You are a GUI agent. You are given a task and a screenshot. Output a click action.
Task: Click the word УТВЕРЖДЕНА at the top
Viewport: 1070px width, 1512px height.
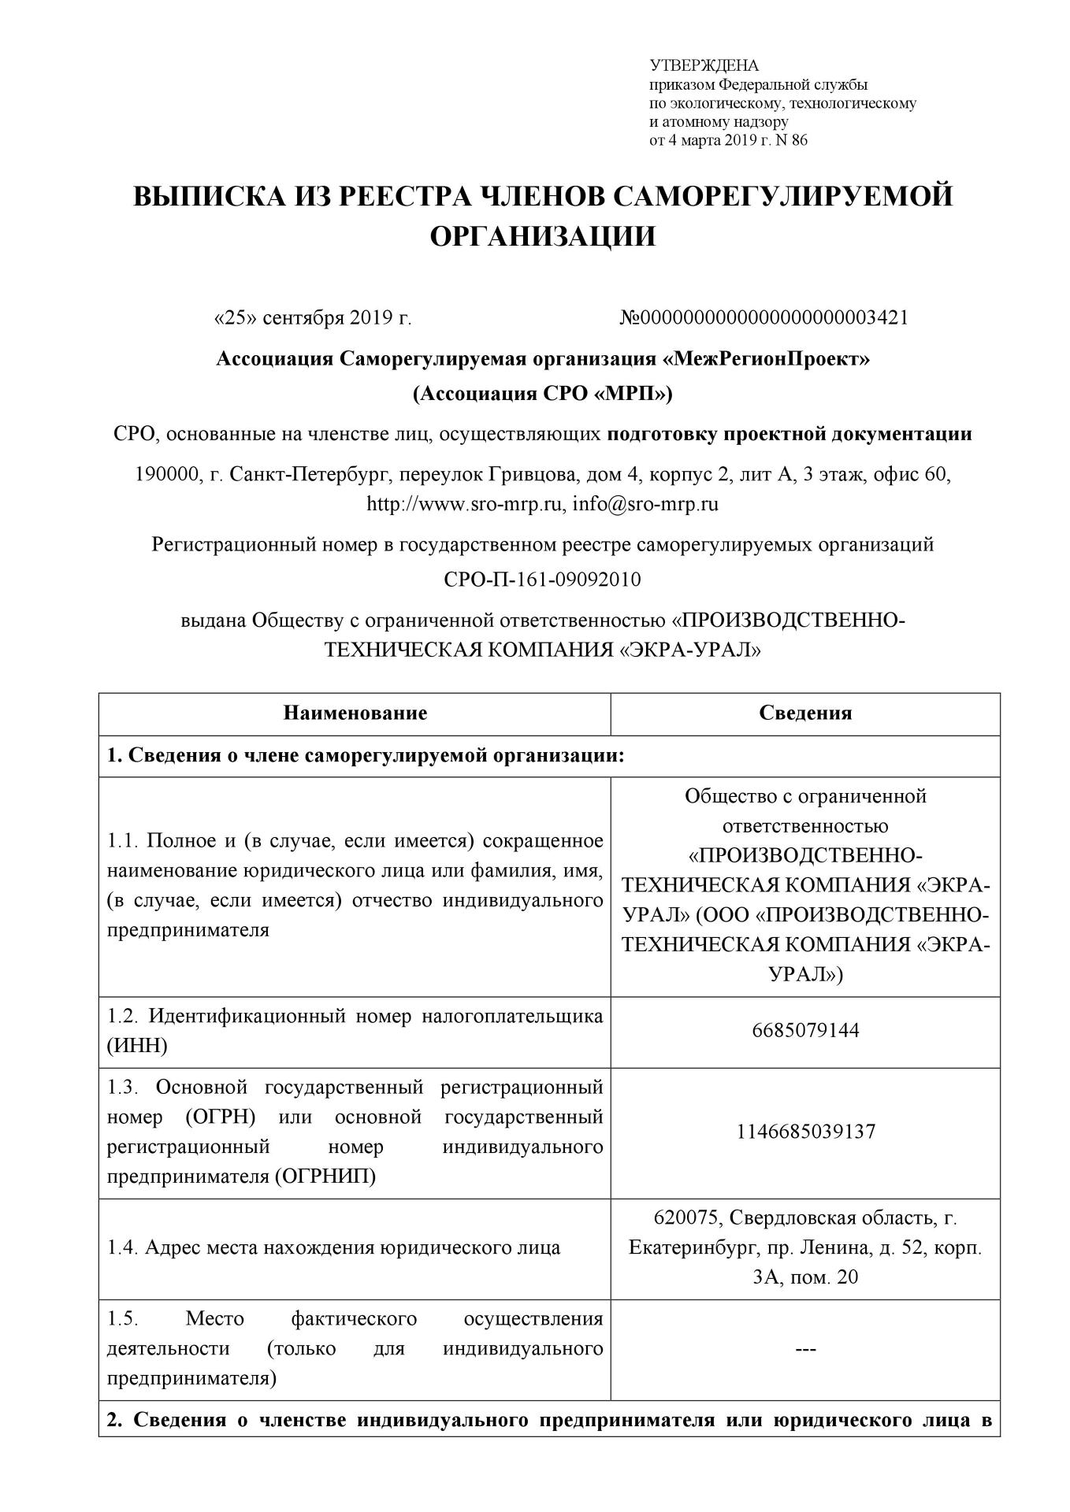pyautogui.click(x=703, y=65)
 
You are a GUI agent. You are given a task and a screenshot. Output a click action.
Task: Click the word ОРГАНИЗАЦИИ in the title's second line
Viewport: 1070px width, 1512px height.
pyautogui.click(x=543, y=235)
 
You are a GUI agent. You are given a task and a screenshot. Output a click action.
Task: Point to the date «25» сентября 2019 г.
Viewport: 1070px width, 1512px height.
pyautogui.click(x=313, y=318)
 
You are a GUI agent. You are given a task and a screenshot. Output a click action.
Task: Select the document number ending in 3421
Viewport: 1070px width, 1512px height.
pyautogui.click(x=764, y=318)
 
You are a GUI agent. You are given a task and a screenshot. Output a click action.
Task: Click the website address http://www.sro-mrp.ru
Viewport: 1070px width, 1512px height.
pyautogui.click(x=466, y=504)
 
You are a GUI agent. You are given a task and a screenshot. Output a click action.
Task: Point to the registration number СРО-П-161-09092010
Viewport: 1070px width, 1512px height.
pyautogui.click(x=543, y=580)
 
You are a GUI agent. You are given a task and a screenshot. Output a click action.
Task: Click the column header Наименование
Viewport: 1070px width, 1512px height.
pyautogui.click(x=355, y=713)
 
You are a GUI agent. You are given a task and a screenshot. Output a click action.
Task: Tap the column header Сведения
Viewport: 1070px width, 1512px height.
pyautogui.click(x=805, y=713)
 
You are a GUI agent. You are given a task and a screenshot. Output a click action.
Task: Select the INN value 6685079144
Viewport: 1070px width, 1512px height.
pyautogui.click(x=805, y=1030)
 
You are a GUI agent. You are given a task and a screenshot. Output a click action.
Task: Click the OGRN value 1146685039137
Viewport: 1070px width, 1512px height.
pyautogui.click(x=805, y=1132)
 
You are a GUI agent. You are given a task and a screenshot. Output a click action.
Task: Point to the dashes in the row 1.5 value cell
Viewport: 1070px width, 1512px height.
pyautogui.click(x=805, y=1349)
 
